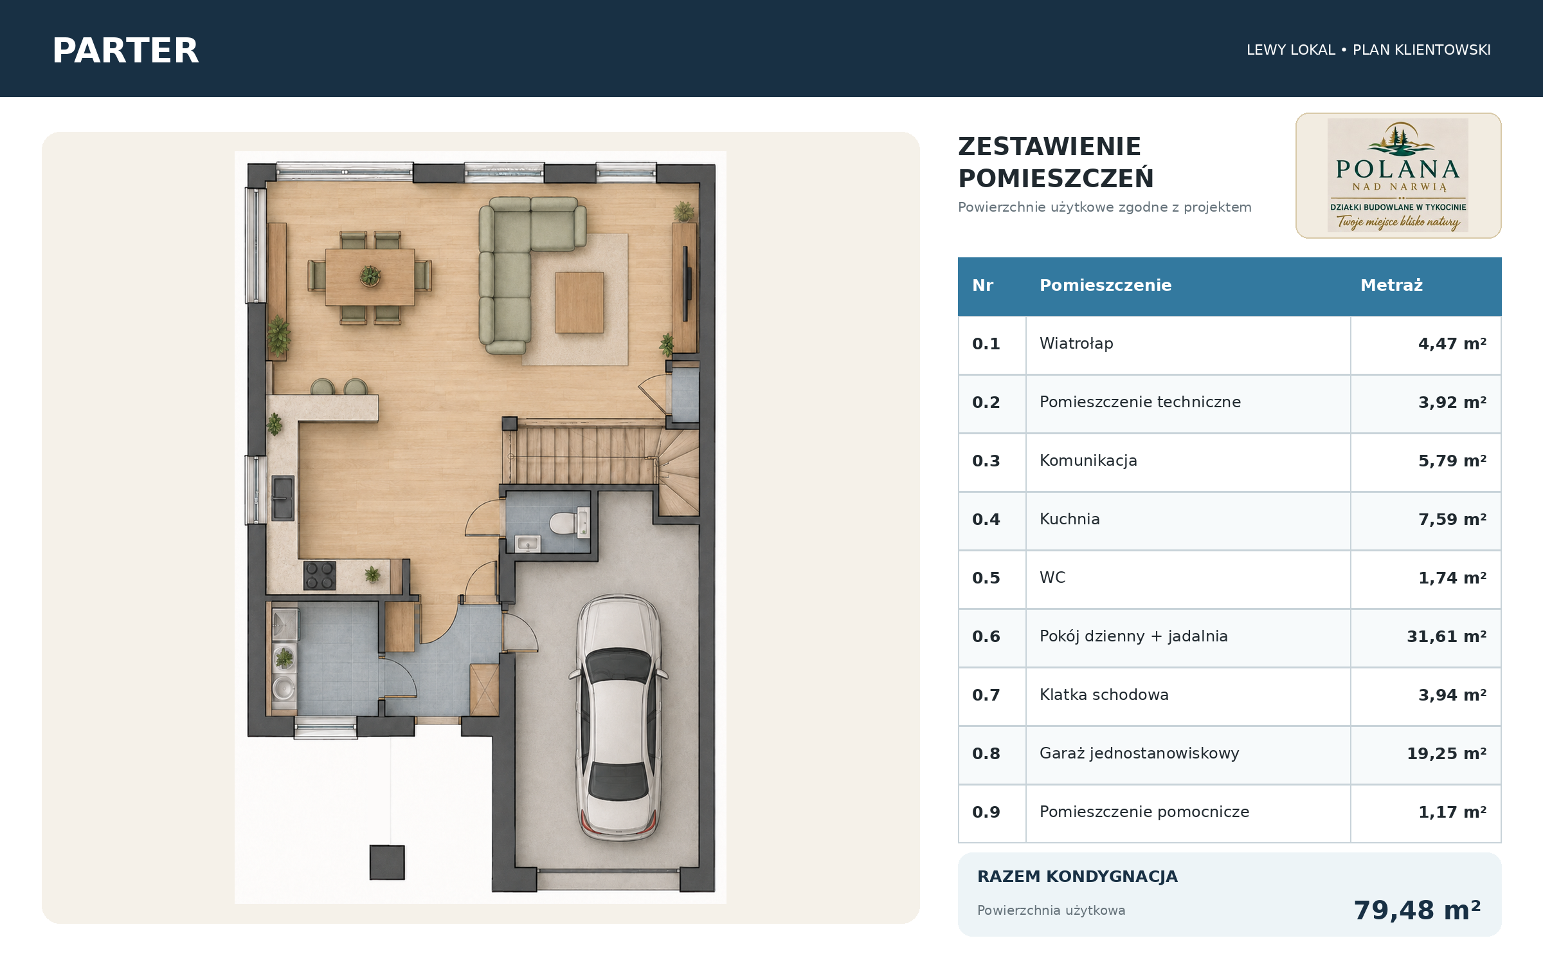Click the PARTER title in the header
click(x=125, y=50)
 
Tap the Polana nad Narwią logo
click(x=1398, y=176)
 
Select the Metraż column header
click(x=1391, y=285)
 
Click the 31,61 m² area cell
click(x=1447, y=636)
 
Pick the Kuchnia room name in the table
click(x=1069, y=519)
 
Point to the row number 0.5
click(x=986, y=578)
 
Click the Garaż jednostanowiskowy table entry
click(x=1139, y=753)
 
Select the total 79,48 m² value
click(x=1417, y=910)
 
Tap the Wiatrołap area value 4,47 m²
click(x=1452, y=344)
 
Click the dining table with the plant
click(x=370, y=277)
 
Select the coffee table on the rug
click(x=579, y=302)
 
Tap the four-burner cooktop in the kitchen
click(x=320, y=576)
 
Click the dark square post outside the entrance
click(x=387, y=862)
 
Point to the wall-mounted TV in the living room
click(x=686, y=283)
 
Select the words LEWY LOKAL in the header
click(x=1290, y=50)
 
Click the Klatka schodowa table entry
click(x=1104, y=695)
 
